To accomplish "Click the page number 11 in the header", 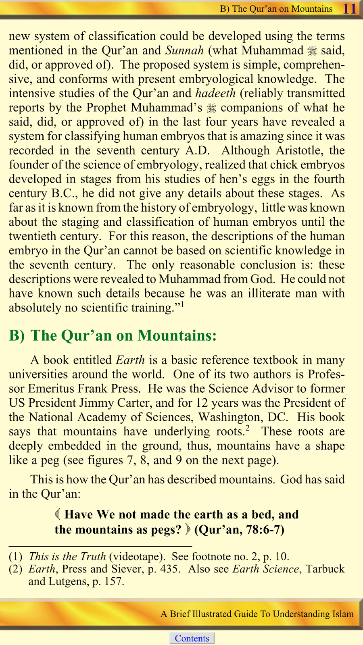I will click(349, 8).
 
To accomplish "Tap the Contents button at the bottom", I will click(192, 638).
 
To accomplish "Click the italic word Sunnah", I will click(184, 50).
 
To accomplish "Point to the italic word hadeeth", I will click(215, 93).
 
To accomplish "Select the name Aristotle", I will click(300, 150).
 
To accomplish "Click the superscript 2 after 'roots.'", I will click(248, 427).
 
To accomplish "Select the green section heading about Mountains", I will click(113, 335).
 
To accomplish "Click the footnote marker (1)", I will click(15, 557).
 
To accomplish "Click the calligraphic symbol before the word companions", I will click(211, 108).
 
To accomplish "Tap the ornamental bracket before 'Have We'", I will click(58, 514).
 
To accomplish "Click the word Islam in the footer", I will click(342, 614).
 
